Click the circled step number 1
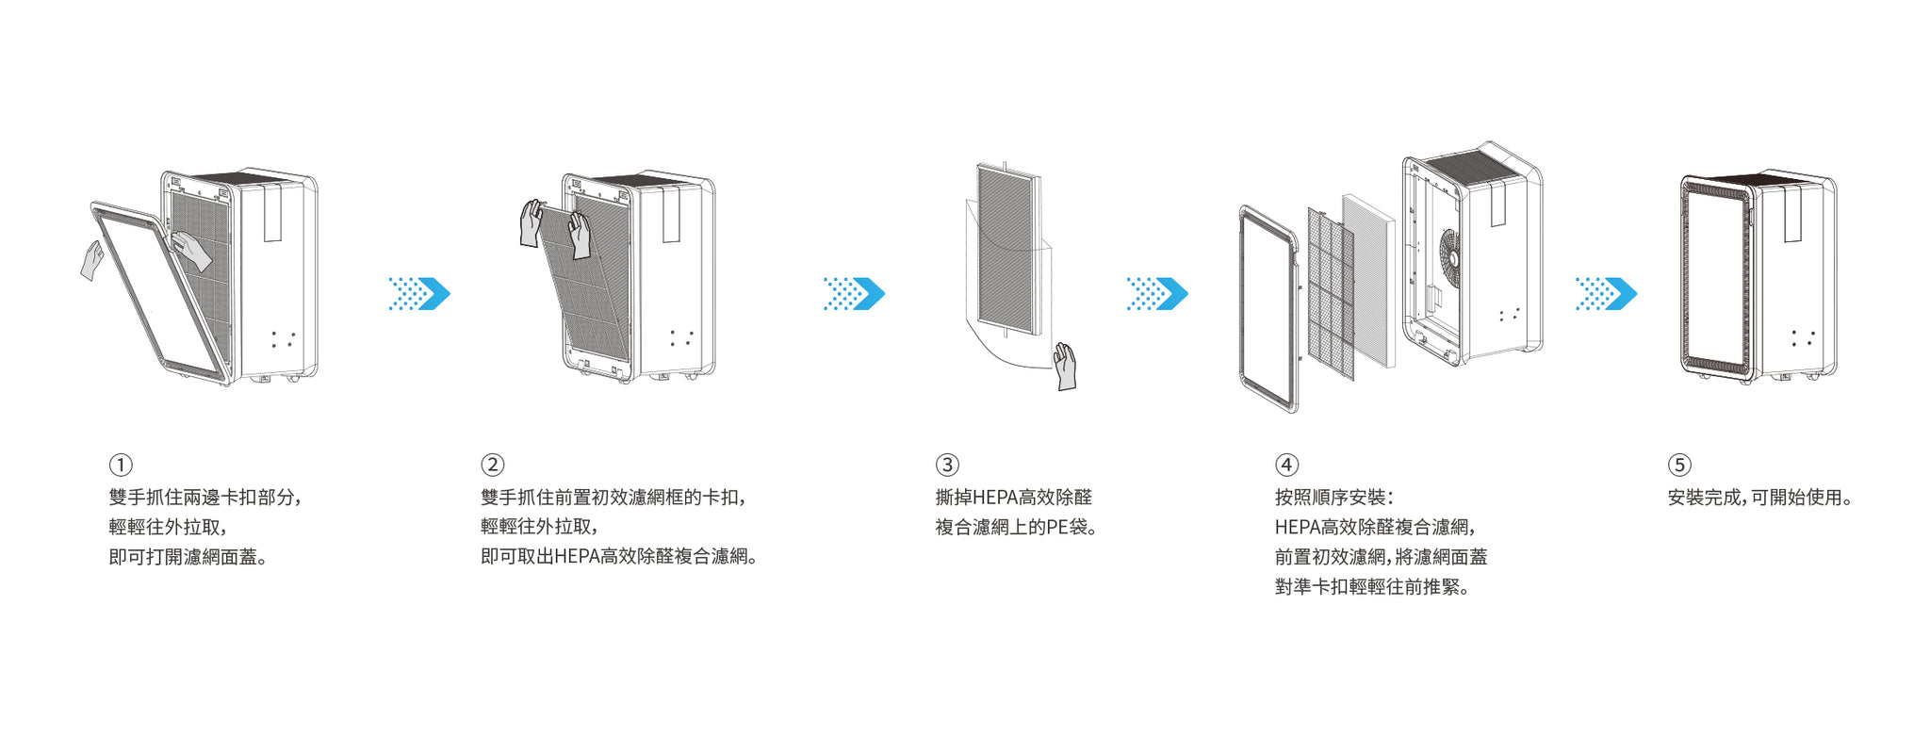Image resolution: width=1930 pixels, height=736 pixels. (121, 465)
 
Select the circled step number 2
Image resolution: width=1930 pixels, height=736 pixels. (493, 465)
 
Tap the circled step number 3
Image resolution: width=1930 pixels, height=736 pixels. (947, 465)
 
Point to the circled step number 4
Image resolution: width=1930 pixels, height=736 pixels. (1286, 465)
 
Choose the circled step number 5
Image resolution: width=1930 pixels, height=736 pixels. (1679, 465)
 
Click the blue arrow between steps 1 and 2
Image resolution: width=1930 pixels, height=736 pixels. (420, 294)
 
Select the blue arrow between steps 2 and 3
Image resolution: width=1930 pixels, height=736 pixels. (855, 294)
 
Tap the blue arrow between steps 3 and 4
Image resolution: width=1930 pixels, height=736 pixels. (1158, 294)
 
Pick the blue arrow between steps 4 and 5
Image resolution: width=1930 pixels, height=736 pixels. (1607, 294)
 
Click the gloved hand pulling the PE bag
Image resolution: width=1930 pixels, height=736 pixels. (1065, 366)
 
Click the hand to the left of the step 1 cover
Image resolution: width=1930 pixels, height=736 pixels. (91, 260)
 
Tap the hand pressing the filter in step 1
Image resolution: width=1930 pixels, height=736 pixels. (191, 252)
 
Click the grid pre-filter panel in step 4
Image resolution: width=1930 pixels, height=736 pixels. (1331, 292)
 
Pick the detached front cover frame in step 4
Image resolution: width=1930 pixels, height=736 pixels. (1268, 309)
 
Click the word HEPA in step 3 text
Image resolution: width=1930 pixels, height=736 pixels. (994, 498)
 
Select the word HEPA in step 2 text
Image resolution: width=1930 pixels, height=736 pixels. (577, 557)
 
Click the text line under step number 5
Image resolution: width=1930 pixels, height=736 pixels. (1759, 498)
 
